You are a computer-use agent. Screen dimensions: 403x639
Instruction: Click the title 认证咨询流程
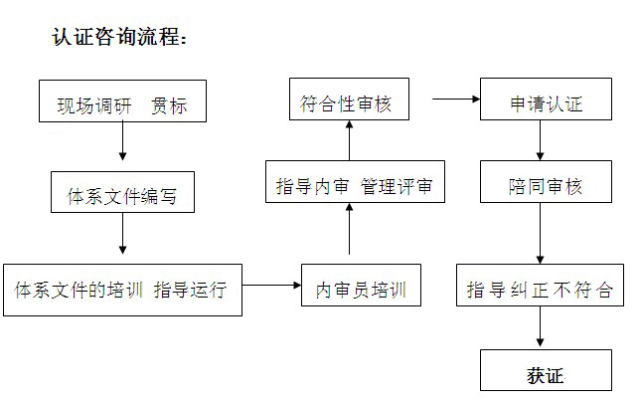click(x=118, y=38)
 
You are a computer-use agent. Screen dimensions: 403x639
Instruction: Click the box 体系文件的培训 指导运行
click(x=121, y=290)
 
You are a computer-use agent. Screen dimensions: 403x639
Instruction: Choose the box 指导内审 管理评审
click(x=354, y=185)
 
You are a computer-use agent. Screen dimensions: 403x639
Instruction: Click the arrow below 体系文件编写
click(x=122, y=239)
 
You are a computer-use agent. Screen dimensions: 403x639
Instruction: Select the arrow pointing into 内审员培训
click(x=271, y=286)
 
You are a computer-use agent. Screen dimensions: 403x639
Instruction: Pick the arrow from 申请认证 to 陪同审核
click(x=540, y=143)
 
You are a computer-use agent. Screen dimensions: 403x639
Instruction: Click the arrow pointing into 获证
click(x=540, y=328)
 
